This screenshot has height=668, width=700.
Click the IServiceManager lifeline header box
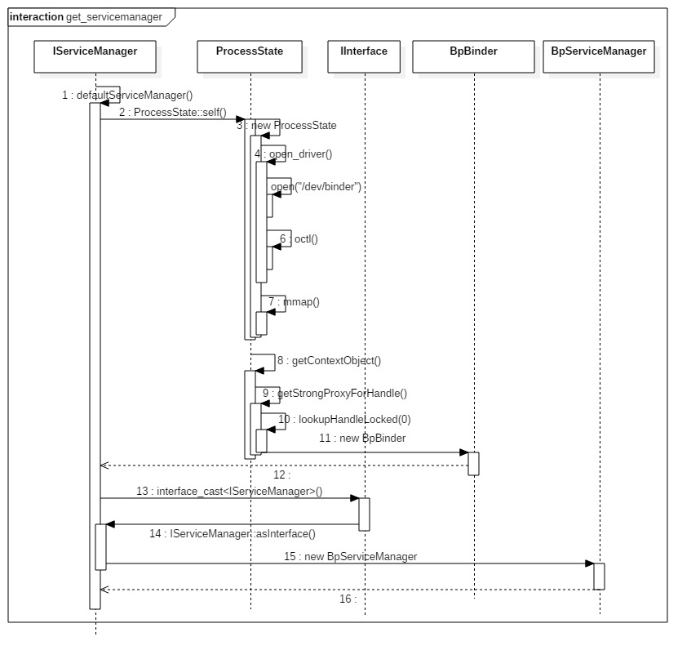[x=95, y=56]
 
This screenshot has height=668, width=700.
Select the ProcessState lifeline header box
[x=250, y=56]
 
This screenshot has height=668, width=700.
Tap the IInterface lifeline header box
[x=364, y=56]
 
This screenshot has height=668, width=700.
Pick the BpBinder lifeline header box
[x=473, y=56]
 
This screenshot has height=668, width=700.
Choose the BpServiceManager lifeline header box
[x=599, y=56]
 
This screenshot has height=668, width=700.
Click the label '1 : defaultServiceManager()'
[x=127, y=96]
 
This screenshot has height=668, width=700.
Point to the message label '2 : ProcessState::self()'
[x=172, y=112]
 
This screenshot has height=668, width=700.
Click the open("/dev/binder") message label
[x=317, y=187]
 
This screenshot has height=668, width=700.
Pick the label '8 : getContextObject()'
[x=329, y=360]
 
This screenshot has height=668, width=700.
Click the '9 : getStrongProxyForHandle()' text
[x=334, y=394]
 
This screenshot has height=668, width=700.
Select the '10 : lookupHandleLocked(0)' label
[x=344, y=420]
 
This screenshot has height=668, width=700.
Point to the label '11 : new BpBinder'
[x=362, y=439]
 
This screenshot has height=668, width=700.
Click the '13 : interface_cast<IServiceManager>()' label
[x=229, y=492]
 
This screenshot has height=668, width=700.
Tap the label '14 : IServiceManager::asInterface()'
[x=233, y=534]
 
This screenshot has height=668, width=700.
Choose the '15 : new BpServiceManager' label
[x=350, y=557]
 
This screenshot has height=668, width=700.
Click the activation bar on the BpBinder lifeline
[x=473, y=463]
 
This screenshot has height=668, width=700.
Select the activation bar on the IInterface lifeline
[x=364, y=514]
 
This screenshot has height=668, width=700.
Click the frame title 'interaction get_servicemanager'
[x=86, y=16]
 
